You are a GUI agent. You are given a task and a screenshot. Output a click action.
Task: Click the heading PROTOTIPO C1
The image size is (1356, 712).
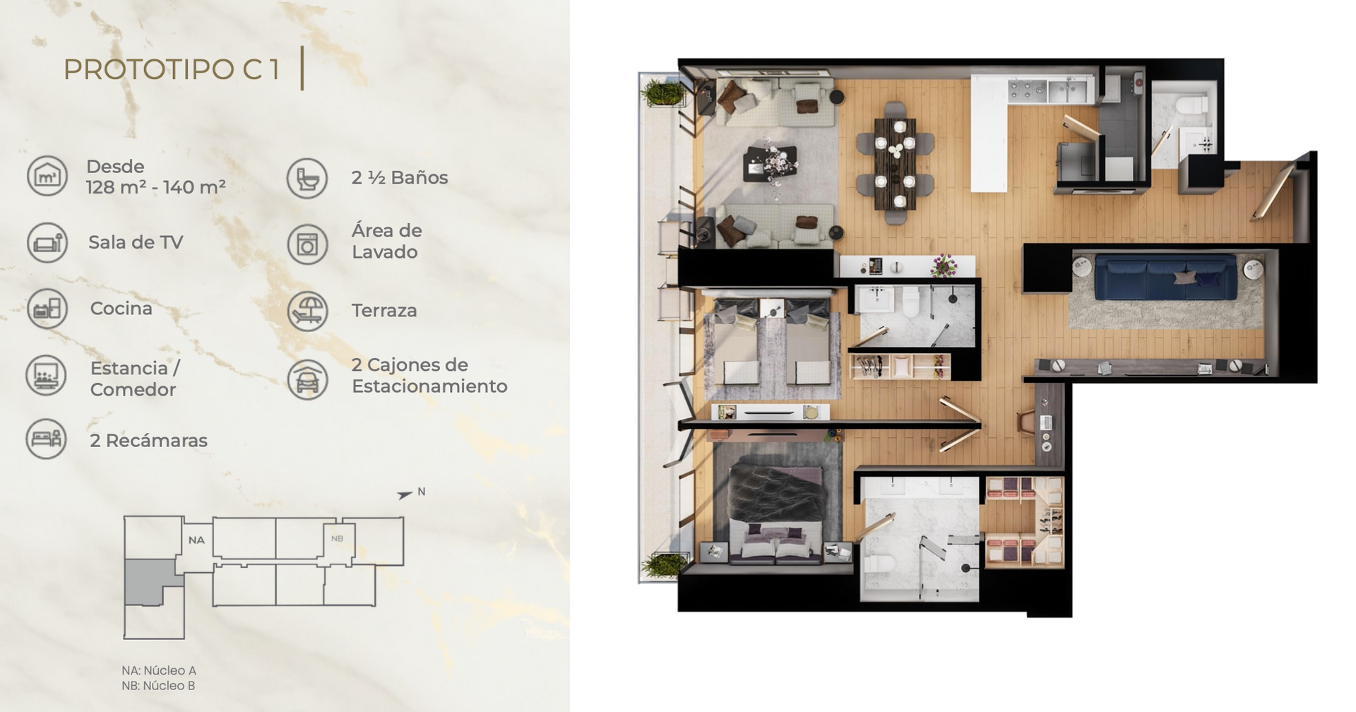[172, 69]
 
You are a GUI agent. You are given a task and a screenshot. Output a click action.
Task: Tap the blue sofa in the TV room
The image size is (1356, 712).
[1165, 278]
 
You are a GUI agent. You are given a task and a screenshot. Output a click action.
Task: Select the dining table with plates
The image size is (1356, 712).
[895, 164]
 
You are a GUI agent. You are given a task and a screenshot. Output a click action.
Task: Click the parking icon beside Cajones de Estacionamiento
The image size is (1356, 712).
[307, 379]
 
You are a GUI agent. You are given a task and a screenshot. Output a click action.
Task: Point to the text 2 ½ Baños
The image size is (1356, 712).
[400, 177]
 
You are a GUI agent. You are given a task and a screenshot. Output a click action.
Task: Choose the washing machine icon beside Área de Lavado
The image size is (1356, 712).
[307, 244]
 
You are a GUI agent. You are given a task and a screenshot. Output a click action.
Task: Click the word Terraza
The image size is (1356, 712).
[384, 310]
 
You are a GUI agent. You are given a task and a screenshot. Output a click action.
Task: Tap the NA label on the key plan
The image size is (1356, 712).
[196, 540]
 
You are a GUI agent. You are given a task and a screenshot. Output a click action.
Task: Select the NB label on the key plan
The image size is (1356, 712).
[338, 538]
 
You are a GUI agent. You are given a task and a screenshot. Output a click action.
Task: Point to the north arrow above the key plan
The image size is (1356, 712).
[405, 495]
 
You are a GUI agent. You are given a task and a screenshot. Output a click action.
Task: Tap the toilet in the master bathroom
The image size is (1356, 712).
[881, 564]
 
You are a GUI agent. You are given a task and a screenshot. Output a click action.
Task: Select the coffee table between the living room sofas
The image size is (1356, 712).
[771, 164]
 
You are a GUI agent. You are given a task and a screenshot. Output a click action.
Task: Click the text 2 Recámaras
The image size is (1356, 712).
[148, 440]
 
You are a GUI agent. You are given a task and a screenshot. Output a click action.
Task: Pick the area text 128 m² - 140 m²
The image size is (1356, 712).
[156, 187]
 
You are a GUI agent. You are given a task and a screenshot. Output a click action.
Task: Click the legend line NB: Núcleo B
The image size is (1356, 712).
[158, 686]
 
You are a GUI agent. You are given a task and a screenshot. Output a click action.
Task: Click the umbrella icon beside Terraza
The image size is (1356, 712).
[307, 311]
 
